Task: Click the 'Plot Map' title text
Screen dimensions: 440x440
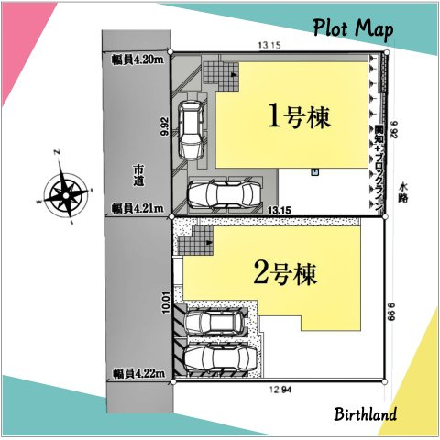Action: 352,29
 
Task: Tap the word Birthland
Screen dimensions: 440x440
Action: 365,413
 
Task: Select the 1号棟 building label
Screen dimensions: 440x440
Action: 298,116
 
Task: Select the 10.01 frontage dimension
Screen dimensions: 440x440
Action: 165,303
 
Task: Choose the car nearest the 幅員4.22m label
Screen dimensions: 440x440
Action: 218,357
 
